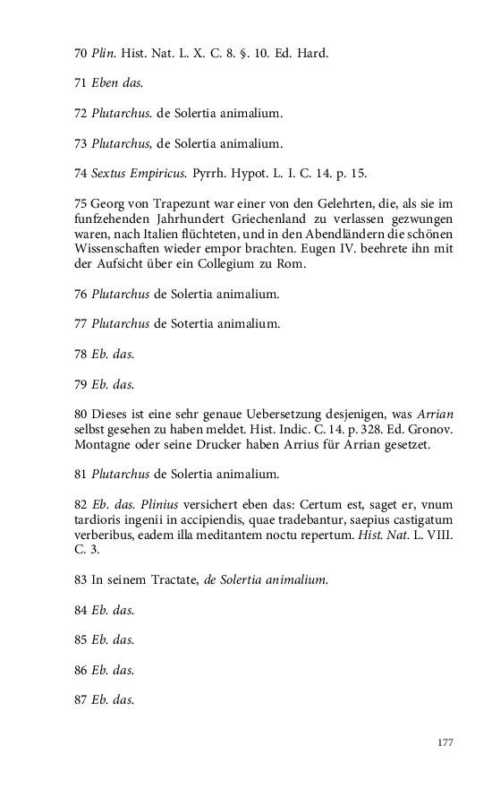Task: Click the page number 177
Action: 445,742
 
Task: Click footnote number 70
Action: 81,54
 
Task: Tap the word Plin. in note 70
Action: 104,54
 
